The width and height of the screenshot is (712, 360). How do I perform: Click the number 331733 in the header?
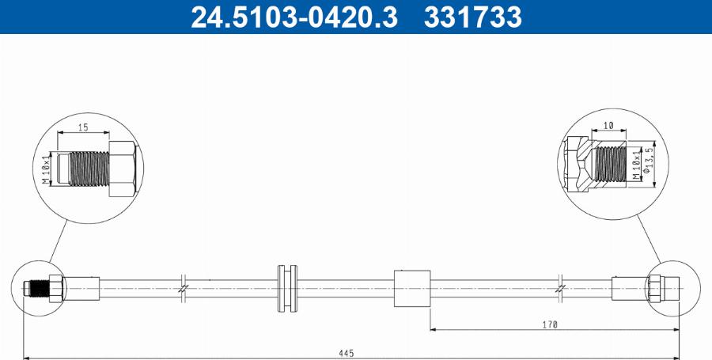[473, 17]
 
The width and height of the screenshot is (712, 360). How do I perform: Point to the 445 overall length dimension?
[346, 352]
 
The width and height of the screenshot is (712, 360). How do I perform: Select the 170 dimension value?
[550, 324]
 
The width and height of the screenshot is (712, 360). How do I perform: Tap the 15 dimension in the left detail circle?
[81, 127]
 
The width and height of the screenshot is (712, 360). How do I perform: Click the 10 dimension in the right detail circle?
[609, 125]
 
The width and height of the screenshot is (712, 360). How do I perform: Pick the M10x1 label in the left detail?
[47, 169]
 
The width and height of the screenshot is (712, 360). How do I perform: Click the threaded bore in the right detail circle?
[610, 164]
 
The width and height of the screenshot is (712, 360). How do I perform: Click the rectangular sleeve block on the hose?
[411, 288]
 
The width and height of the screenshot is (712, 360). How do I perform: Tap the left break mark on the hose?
[183, 288]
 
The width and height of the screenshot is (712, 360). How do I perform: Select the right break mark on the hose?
[561, 288]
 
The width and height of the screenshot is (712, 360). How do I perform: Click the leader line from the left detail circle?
[59, 237]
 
